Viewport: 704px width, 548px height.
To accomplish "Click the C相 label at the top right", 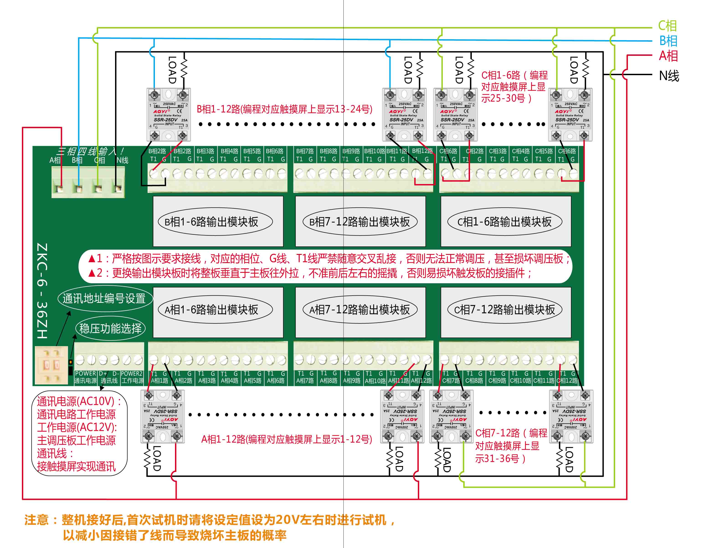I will [x=667, y=26].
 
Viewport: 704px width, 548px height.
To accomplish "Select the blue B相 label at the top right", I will [x=668, y=41].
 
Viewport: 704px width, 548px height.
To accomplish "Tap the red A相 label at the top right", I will [x=668, y=56].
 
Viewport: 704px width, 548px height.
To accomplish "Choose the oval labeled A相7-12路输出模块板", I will [x=360, y=310].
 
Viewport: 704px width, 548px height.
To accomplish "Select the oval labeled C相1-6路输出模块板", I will [x=505, y=222].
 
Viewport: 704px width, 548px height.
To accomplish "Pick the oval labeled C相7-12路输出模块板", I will [x=505, y=310].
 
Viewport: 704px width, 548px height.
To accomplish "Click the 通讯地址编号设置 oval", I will [x=104, y=299].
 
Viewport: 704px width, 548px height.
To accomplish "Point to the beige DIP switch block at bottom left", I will [x=51, y=365].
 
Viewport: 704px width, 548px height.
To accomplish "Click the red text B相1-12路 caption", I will [x=284, y=109].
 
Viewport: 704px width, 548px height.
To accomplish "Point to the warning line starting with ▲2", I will [x=309, y=273].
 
